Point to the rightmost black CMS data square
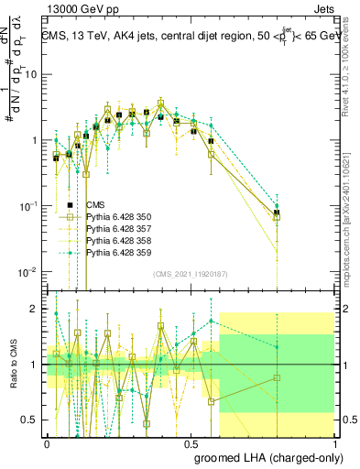pyautogui.click(x=277, y=213)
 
